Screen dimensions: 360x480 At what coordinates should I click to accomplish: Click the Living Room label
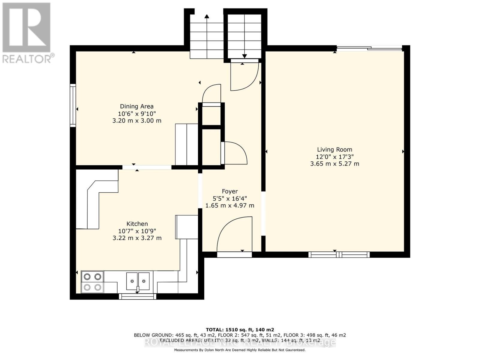click(x=334, y=149)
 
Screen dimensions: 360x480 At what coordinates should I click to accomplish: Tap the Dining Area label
click(x=137, y=106)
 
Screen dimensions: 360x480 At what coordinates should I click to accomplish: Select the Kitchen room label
click(x=137, y=224)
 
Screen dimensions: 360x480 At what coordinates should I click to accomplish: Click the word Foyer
click(x=230, y=191)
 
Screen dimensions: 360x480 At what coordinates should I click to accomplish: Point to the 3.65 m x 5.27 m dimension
click(x=334, y=164)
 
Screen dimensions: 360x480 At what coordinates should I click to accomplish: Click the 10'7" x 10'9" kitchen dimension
click(x=137, y=231)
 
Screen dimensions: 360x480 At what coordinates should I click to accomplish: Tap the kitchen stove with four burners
click(x=92, y=282)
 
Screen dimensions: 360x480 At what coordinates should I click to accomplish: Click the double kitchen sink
click(x=138, y=281)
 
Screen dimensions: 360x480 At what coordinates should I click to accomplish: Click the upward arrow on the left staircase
click(x=207, y=18)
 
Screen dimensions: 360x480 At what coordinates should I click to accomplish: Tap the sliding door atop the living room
click(x=369, y=48)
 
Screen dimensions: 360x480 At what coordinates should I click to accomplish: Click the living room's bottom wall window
click(x=339, y=255)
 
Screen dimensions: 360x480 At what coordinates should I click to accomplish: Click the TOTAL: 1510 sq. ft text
click(x=240, y=329)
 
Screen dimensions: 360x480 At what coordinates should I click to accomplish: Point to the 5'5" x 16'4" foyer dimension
click(x=230, y=198)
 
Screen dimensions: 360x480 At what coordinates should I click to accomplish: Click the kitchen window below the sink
click(x=138, y=296)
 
